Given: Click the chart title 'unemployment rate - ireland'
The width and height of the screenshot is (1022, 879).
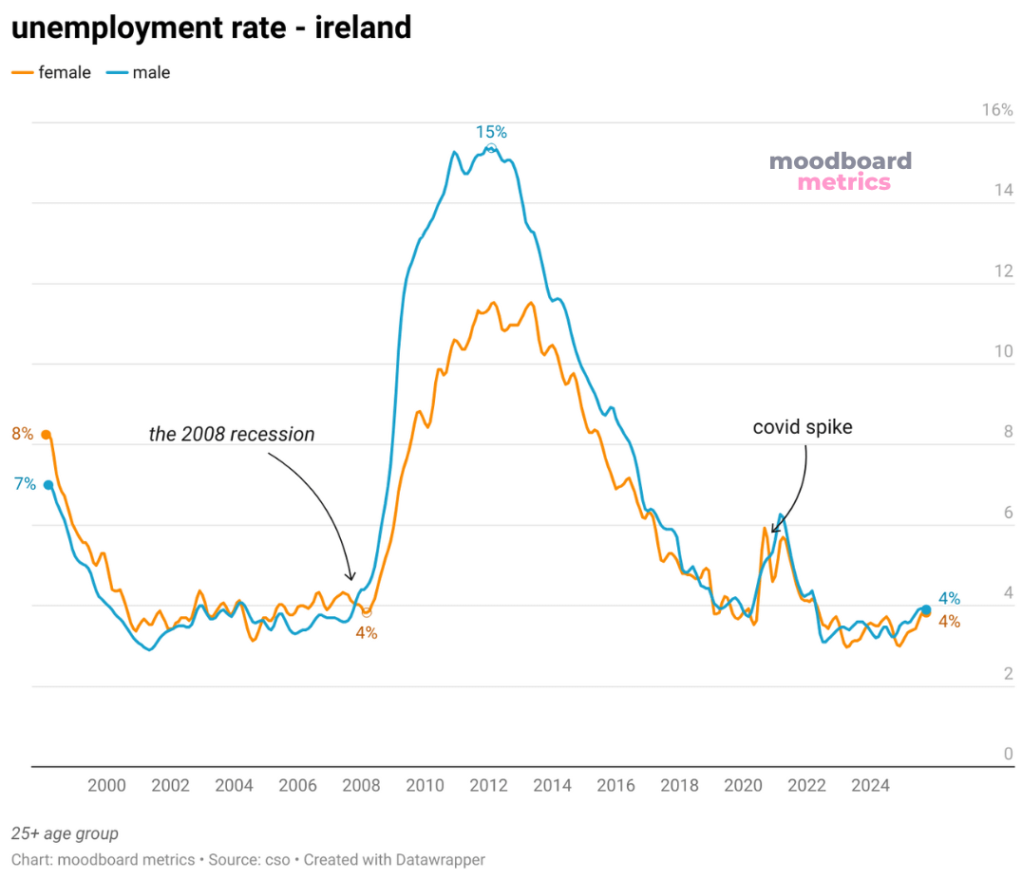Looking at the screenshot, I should coord(211,28).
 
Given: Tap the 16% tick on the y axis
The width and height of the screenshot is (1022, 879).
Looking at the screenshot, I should coord(997,110).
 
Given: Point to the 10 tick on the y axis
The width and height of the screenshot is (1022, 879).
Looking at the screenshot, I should coord(1003,351).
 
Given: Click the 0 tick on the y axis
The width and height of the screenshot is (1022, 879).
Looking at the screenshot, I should coord(1008,754).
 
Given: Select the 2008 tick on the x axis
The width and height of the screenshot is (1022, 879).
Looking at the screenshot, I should coord(361,786).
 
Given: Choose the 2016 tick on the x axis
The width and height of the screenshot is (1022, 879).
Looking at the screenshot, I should coord(615,786).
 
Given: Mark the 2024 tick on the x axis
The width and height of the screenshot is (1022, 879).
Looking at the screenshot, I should coord(870,786).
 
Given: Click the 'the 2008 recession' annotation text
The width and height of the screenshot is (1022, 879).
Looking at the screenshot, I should coord(231,435).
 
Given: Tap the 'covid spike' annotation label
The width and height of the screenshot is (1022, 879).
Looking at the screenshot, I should coord(803,427).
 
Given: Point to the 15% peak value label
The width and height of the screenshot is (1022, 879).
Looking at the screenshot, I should coord(491,132).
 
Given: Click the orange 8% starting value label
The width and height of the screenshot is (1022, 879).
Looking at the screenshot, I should coord(23,435).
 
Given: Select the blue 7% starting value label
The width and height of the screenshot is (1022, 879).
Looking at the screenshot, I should coord(25,484).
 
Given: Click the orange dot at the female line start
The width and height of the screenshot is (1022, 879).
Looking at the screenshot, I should coord(46,435).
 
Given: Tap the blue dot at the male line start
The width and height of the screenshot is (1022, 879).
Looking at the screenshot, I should coord(48,485).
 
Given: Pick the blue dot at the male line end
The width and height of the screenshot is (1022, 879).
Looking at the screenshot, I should coord(926,609).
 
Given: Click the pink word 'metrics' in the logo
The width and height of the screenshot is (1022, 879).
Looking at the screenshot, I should coord(843,182).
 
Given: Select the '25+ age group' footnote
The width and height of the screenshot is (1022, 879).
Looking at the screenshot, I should coord(66,833).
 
